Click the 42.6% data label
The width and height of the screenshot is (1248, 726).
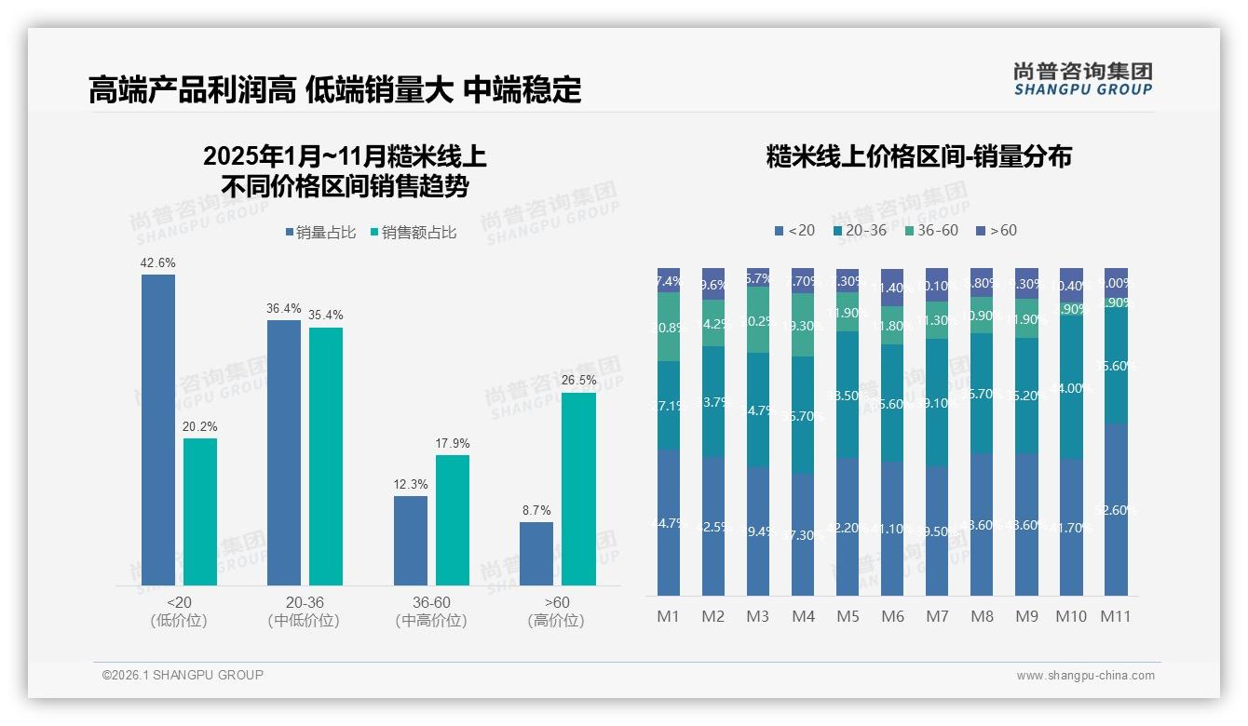(x=157, y=263)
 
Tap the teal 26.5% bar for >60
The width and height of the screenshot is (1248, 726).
(x=578, y=489)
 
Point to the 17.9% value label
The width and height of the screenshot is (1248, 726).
(x=453, y=444)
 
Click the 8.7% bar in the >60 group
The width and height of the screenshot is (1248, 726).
(x=536, y=553)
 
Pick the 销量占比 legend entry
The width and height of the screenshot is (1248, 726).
(x=320, y=233)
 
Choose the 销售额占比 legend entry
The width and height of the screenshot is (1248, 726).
(x=414, y=233)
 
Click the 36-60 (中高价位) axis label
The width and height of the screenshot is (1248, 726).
(x=430, y=612)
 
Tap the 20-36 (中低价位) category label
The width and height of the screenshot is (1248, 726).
(x=304, y=612)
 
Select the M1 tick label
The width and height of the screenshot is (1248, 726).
(x=669, y=616)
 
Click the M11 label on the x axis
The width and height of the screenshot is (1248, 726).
(x=1116, y=616)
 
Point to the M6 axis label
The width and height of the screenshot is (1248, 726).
(x=892, y=616)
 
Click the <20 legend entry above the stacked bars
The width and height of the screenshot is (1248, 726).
(x=794, y=230)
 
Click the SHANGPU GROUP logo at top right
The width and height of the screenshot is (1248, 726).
(x=1082, y=79)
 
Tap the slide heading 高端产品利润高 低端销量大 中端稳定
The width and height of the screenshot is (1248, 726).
(x=335, y=89)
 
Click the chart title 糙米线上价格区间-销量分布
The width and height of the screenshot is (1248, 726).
(x=918, y=156)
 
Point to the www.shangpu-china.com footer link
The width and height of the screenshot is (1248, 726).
(x=1085, y=676)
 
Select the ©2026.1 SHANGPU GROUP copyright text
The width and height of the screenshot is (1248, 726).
(x=183, y=675)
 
